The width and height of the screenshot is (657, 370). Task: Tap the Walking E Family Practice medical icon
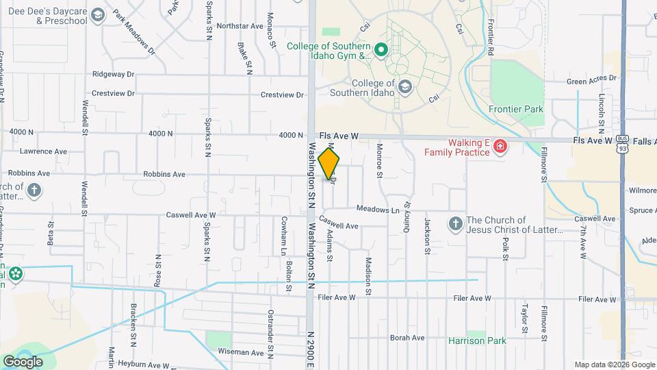[501, 147]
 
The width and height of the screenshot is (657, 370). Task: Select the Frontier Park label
[516, 109]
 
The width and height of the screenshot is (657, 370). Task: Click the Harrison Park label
[476, 341]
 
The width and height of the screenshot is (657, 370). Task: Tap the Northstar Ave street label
[240, 26]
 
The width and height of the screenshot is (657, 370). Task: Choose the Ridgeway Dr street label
[114, 74]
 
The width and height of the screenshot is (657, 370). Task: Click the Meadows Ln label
[377, 210]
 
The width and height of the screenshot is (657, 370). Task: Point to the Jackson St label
[427, 236]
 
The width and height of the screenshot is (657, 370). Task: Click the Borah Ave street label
[407, 338]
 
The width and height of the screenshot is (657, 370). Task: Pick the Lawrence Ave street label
[44, 151]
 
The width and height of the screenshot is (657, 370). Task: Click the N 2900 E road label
[310, 349]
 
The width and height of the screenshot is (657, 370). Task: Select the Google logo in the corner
[23, 362]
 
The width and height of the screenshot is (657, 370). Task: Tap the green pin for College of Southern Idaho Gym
[381, 49]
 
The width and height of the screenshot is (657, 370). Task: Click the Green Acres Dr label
[591, 81]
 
